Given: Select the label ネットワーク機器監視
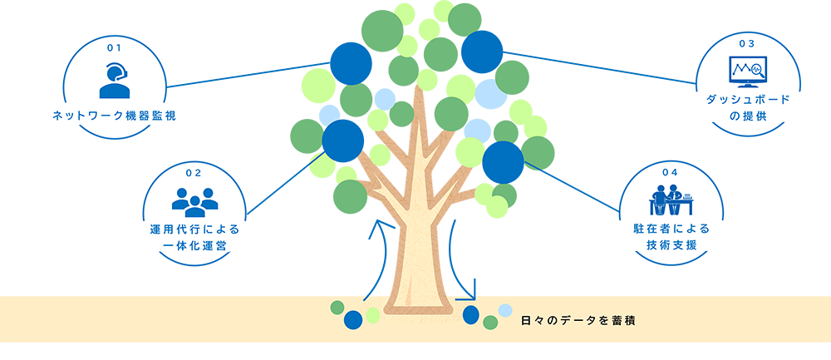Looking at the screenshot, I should click(114, 116).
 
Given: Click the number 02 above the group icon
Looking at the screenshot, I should click(194, 173).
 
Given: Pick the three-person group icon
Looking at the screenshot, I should click(194, 200).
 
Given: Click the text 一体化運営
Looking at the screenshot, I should click(194, 247).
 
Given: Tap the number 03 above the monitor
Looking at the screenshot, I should click(746, 42).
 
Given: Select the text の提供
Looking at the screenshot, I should click(746, 117).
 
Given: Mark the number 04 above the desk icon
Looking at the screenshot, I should click(671, 171).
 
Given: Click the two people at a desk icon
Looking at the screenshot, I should click(671, 200).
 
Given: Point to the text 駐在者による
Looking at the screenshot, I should click(671, 228).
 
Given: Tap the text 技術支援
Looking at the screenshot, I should click(671, 247).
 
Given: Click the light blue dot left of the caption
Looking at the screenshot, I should click(504, 312).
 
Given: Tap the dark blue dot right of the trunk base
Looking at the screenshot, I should click(472, 314).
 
